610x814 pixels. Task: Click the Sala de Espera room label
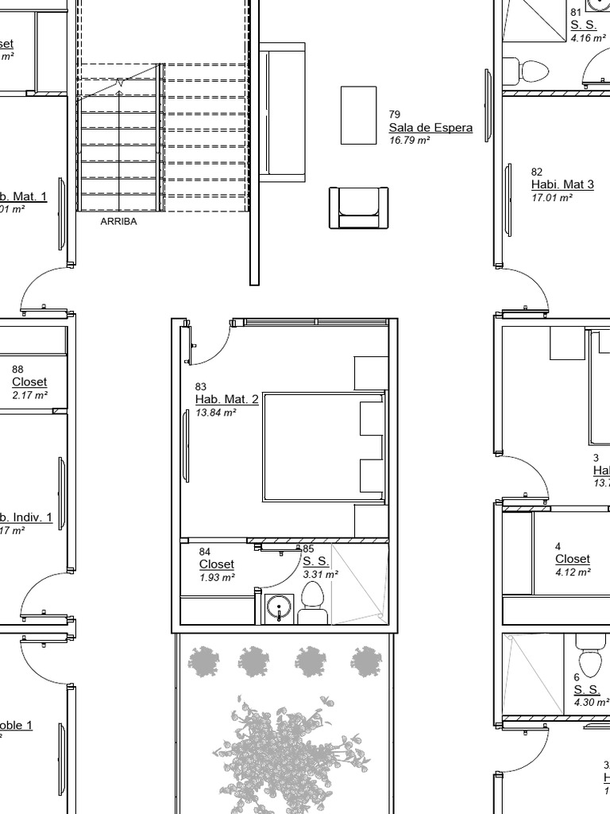click(x=430, y=128)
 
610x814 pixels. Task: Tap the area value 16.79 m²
click(x=409, y=141)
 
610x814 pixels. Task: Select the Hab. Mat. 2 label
click(x=226, y=400)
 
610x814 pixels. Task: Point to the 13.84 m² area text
click(x=216, y=413)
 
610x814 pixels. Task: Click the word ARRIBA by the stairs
click(x=118, y=222)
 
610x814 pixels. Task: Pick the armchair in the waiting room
click(x=358, y=207)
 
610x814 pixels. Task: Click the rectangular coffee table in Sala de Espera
click(x=358, y=115)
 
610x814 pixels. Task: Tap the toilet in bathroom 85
click(x=312, y=603)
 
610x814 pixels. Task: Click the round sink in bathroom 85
click(x=279, y=608)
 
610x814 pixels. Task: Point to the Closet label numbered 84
click(x=216, y=564)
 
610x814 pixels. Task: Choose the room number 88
click(x=17, y=370)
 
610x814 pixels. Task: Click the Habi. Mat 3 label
click(x=562, y=185)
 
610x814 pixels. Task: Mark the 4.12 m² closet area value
click(x=573, y=572)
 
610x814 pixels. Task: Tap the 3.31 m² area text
click(x=320, y=574)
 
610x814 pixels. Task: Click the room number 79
click(x=395, y=115)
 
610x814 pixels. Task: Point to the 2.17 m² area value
click(x=29, y=395)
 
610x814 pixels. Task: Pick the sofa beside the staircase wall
click(x=282, y=112)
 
